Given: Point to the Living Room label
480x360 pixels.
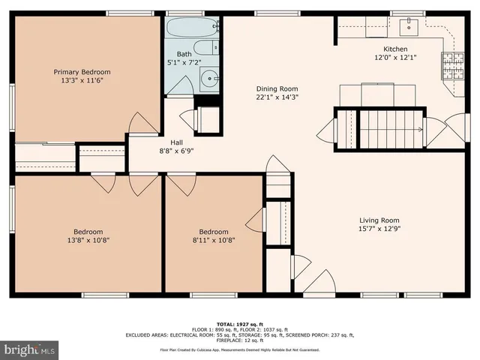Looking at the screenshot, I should tap(379, 220).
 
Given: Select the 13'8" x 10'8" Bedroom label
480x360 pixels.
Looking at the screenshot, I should tap(88, 232).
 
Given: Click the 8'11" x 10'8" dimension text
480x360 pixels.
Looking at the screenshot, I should tap(213, 241).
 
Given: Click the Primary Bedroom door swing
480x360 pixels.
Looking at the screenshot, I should tap(141, 124).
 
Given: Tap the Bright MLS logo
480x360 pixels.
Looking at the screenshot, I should tap(30, 349).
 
